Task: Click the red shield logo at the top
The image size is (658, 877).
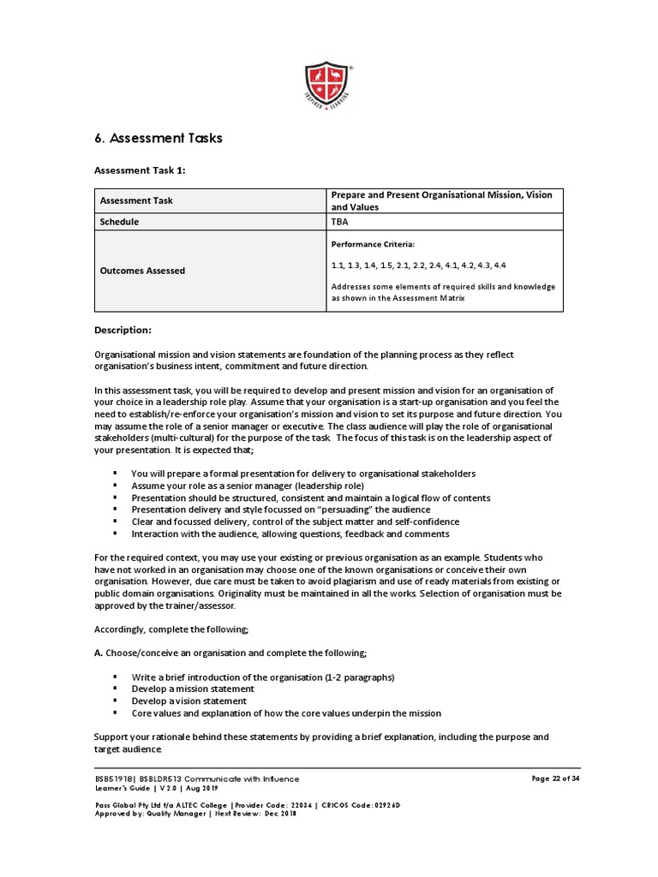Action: (x=329, y=87)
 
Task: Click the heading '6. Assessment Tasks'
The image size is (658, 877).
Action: (x=158, y=138)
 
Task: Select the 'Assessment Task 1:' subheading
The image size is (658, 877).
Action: (x=140, y=170)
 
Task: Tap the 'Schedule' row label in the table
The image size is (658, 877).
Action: (x=119, y=222)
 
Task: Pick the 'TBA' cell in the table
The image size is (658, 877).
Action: (x=340, y=222)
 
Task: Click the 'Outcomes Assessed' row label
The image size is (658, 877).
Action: (x=142, y=271)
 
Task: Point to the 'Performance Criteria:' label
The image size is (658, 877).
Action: (x=373, y=244)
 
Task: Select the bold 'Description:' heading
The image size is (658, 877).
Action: (x=123, y=331)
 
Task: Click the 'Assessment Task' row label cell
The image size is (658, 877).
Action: (x=136, y=200)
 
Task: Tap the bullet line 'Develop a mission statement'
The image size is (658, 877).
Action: (x=193, y=689)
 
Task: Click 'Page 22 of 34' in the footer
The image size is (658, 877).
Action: (x=556, y=779)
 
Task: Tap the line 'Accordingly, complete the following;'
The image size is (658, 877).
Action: (x=171, y=629)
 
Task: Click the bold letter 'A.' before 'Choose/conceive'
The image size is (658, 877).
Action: (x=99, y=653)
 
